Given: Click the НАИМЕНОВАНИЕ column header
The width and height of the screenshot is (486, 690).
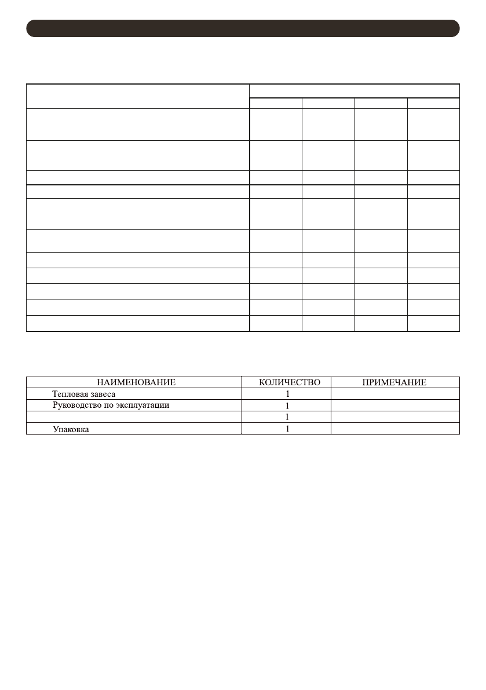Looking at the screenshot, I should pos(136,382).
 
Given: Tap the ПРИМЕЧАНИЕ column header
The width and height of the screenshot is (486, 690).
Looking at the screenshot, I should pos(394,382).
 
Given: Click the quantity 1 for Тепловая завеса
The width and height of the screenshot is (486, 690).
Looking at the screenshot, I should pos(287,394).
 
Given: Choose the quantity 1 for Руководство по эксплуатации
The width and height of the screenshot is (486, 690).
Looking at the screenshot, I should pos(287,406).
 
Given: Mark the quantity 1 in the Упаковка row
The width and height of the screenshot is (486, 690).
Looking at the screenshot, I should pos(287,429).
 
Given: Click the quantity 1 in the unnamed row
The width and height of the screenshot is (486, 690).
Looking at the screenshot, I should pos(287,417).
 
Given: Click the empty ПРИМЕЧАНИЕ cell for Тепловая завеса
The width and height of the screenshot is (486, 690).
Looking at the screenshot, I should pos(395,394).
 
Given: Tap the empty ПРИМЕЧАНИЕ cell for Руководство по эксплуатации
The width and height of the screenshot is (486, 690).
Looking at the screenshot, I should pos(395,406).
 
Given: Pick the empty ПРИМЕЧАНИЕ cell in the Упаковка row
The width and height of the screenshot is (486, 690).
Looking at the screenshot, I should pos(395,429).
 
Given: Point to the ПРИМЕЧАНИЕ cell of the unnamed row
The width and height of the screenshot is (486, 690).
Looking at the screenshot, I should pos(395,417).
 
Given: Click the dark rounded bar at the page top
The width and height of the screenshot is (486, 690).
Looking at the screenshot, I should pos(243,28).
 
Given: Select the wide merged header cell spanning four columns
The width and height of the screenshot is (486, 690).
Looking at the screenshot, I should pos(355,91).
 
